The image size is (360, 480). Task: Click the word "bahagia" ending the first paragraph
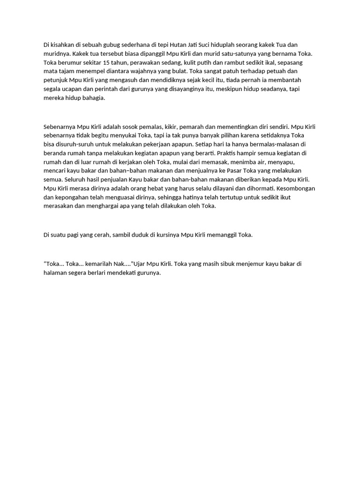93,98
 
